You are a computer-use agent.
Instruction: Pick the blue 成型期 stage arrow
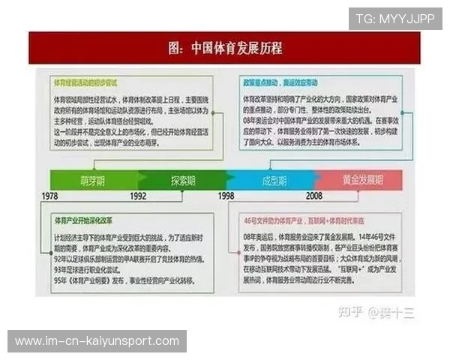[271, 180]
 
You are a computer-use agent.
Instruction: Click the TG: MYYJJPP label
[394, 19]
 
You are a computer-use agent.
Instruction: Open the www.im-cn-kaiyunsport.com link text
[97, 341]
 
